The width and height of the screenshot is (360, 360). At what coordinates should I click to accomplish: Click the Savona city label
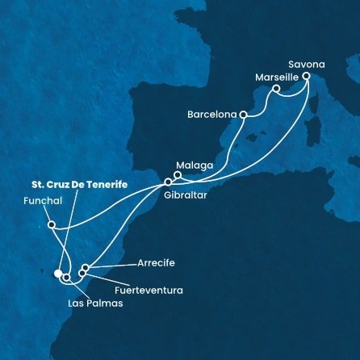(306, 60)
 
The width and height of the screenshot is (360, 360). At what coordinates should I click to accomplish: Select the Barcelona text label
(210, 115)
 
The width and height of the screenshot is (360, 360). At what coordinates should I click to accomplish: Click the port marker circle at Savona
(307, 76)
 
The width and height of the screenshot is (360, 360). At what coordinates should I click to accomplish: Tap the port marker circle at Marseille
(276, 89)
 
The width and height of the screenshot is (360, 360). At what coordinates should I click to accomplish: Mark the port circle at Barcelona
(242, 115)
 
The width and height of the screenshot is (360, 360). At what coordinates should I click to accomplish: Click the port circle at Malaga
(178, 174)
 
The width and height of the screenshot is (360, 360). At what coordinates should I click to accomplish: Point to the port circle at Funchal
(51, 225)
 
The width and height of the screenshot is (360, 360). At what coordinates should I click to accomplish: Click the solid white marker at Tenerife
(58, 274)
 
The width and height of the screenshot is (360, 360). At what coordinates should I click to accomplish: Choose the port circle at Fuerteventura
(82, 274)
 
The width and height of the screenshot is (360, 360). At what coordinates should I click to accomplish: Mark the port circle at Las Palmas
(66, 278)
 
